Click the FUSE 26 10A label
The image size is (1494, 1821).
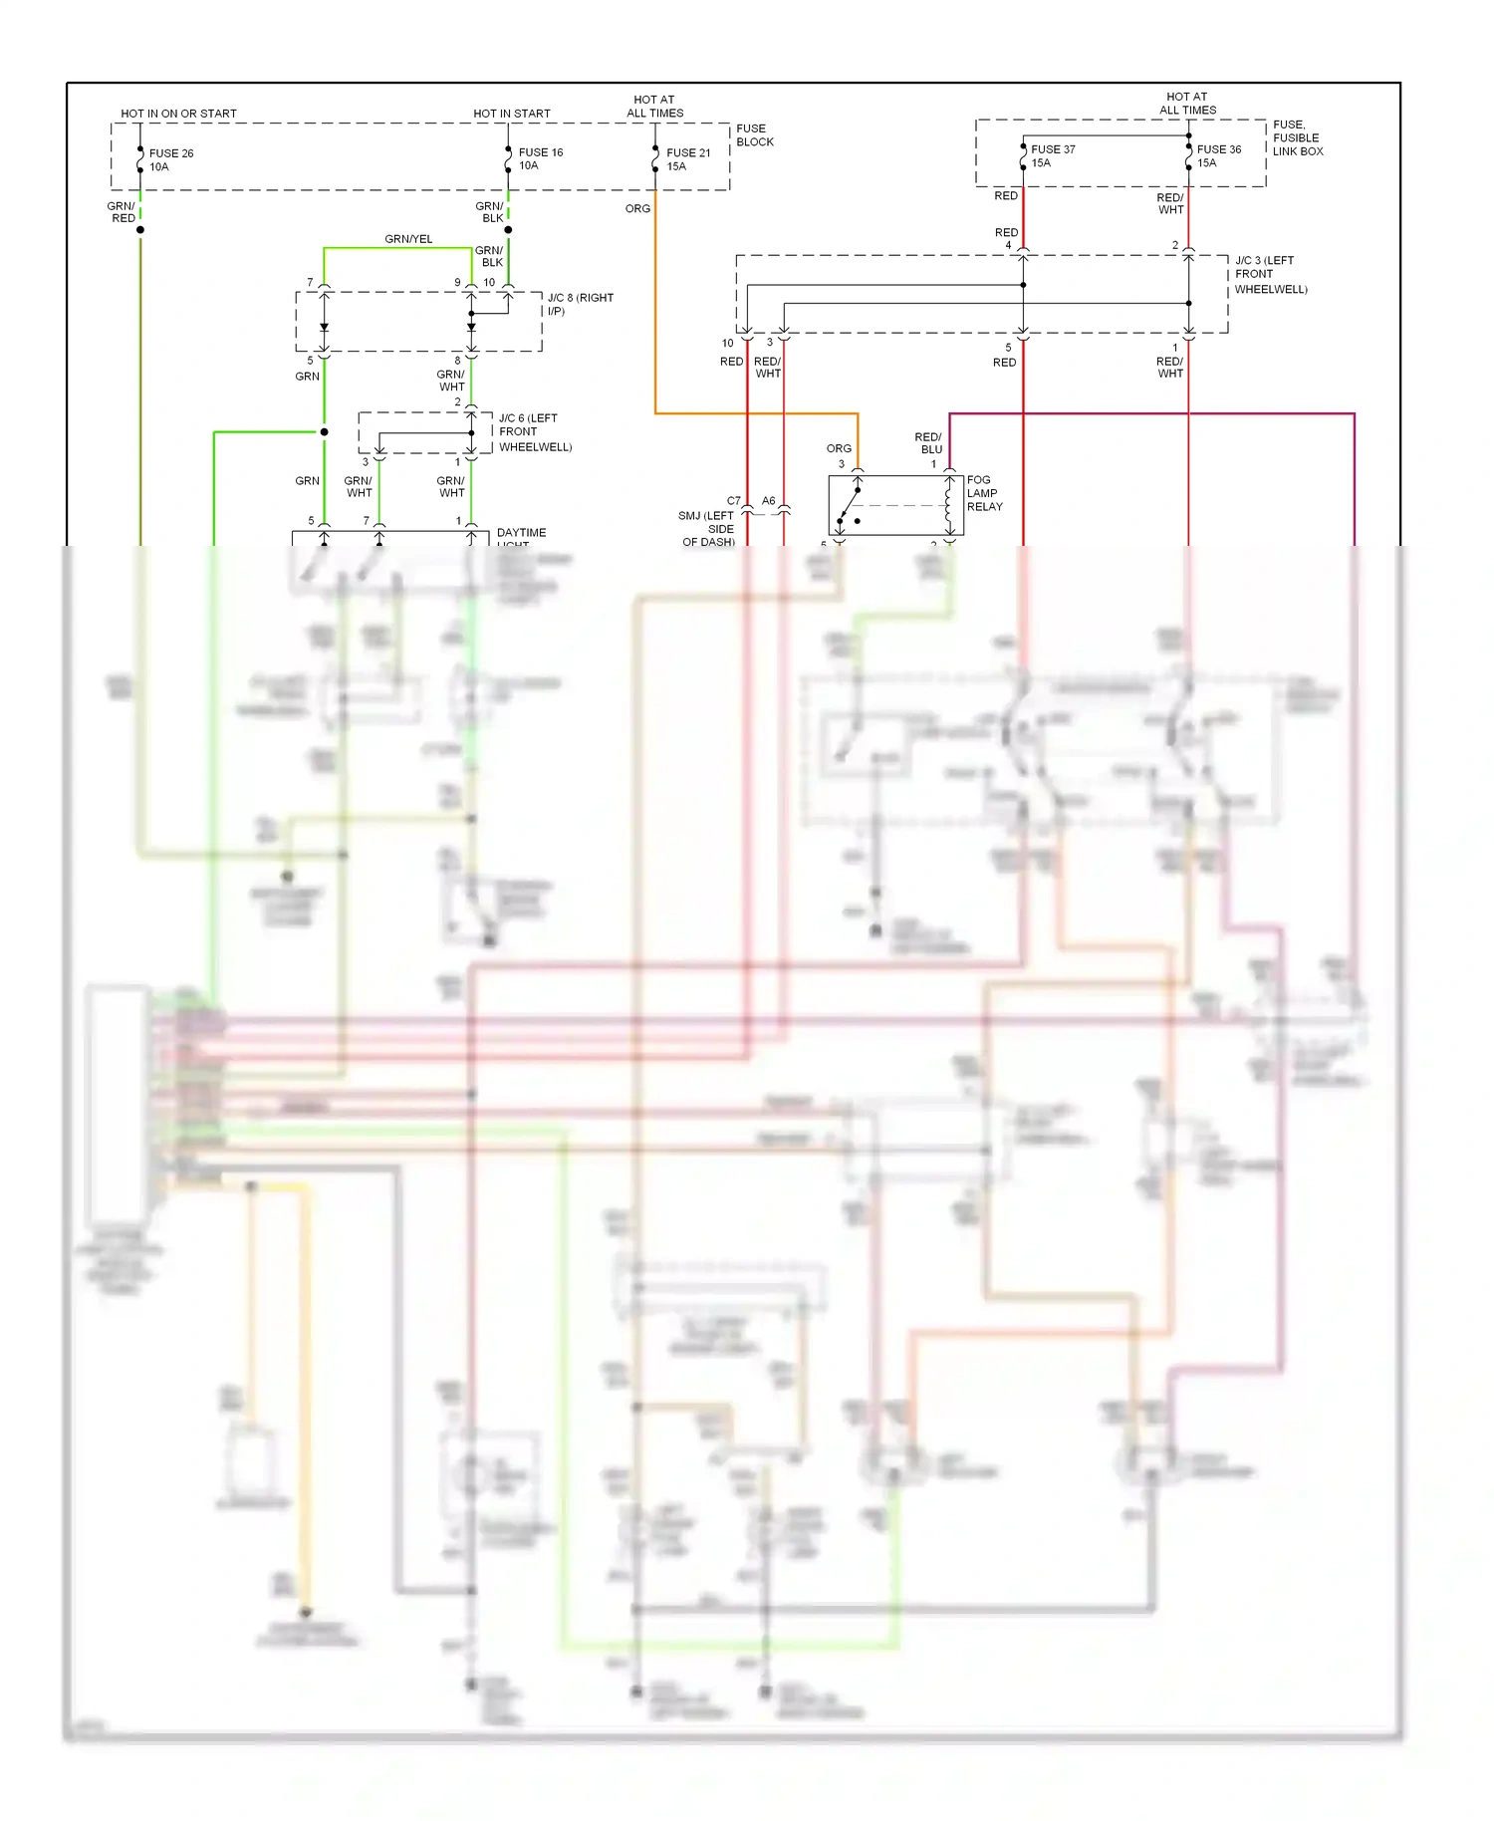(170, 160)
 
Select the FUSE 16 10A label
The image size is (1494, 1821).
(540, 159)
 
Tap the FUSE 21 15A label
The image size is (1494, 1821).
(687, 159)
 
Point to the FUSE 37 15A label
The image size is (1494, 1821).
(1052, 156)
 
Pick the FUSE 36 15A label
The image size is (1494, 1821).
(1218, 156)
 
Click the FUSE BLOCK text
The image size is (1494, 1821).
(754, 135)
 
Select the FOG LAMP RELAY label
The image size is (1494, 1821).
(984, 493)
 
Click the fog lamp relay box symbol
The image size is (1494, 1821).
(889, 506)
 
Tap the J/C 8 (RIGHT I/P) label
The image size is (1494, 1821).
(580, 305)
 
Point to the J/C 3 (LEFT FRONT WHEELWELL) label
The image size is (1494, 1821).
(1270, 275)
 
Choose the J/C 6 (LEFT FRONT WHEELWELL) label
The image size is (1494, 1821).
(535, 432)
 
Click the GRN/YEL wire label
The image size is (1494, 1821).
(408, 239)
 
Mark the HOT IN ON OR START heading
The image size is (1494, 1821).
(179, 114)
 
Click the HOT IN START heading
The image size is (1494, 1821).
(512, 114)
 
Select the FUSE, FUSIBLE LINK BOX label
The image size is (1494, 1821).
(1297, 138)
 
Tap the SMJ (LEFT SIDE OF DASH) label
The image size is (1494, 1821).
(707, 529)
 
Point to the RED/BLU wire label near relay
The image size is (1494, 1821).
(928, 443)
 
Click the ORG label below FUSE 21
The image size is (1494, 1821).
(637, 209)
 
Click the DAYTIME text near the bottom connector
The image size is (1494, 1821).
(521, 533)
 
